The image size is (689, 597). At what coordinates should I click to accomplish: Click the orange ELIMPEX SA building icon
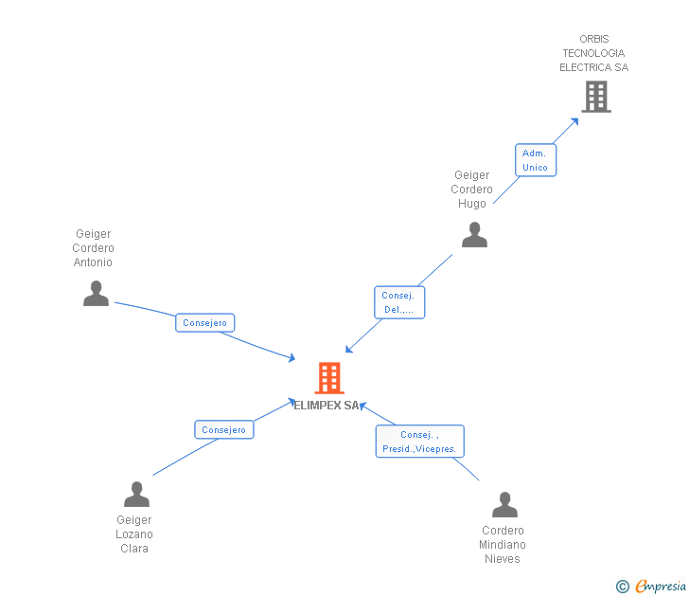click(328, 377)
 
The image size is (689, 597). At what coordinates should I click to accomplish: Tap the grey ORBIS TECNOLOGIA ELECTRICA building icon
click(595, 96)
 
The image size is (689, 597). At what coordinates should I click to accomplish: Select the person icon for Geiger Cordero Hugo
click(474, 234)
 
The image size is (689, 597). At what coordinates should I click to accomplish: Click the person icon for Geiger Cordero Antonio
click(96, 293)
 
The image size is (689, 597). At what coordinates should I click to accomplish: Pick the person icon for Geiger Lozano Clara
click(136, 494)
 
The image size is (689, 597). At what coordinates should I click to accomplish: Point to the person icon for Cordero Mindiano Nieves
click(504, 504)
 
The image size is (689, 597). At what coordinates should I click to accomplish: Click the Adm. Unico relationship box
click(535, 159)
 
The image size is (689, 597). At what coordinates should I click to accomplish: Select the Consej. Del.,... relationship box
click(398, 302)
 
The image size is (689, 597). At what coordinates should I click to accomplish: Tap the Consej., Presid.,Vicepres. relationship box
click(419, 442)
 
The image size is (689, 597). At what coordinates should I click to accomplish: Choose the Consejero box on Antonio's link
click(204, 323)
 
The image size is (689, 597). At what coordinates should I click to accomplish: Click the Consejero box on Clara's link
click(224, 429)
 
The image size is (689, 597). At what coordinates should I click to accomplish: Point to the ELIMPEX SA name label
click(327, 406)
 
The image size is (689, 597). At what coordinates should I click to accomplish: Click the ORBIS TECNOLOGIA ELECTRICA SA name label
click(593, 53)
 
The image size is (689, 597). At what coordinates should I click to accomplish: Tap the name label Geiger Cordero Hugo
click(471, 190)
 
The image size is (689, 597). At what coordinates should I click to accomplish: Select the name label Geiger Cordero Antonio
click(93, 248)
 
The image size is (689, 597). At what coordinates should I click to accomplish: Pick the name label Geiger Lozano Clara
click(134, 534)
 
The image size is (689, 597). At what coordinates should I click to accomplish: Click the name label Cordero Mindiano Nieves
click(503, 545)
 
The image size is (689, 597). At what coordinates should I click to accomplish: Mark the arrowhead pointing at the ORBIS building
click(574, 121)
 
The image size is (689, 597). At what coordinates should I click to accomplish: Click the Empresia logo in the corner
click(660, 586)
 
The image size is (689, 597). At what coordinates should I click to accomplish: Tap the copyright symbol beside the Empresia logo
click(622, 587)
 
